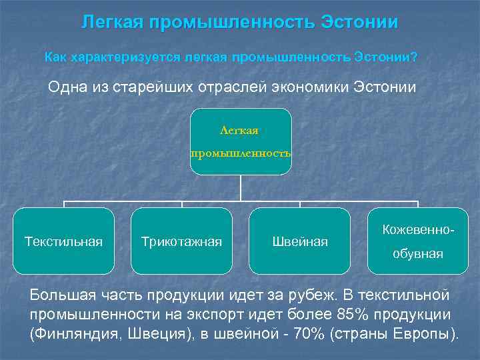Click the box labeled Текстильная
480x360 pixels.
(63, 241)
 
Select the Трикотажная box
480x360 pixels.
(181, 241)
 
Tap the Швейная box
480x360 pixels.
(300, 241)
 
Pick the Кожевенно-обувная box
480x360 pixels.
(418, 241)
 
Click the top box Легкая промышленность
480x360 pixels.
(241, 142)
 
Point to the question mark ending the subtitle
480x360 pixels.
(415, 57)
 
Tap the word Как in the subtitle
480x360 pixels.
(56, 57)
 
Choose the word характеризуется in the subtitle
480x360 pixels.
(117, 57)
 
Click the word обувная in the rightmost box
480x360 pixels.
(418, 254)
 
